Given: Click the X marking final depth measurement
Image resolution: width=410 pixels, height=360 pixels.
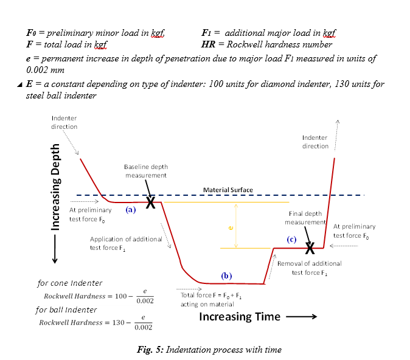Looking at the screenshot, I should click(x=310, y=247).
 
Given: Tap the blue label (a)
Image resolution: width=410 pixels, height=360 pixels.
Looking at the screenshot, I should click(x=130, y=209).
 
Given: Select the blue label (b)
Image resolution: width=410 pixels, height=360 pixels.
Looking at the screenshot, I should click(x=226, y=275).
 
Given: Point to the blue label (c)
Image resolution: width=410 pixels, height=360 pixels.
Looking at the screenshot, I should click(x=291, y=240).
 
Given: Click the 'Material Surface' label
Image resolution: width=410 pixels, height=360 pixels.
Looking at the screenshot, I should click(x=228, y=190).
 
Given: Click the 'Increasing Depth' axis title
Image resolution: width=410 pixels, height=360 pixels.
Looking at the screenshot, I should click(x=56, y=187).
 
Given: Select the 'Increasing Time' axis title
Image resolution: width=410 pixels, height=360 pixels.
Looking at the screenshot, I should click(x=240, y=316).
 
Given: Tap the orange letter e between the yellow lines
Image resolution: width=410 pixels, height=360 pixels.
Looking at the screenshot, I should click(x=231, y=227).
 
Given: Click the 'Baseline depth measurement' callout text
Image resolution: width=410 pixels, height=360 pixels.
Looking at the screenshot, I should click(x=146, y=171).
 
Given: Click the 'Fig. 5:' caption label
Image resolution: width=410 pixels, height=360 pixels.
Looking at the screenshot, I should click(x=149, y=350).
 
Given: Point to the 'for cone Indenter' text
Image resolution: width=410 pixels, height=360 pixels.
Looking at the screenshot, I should click(x=70, y=283).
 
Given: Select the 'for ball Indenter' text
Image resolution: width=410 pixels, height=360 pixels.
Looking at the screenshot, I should click(x=66, y=310).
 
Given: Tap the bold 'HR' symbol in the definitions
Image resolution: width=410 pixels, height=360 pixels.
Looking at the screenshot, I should click(x=208, y=44).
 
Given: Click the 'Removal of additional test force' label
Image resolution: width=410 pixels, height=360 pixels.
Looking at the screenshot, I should click(x=309, y=268).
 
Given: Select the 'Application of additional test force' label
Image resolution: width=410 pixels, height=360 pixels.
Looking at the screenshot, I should click(x=126, y=243).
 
